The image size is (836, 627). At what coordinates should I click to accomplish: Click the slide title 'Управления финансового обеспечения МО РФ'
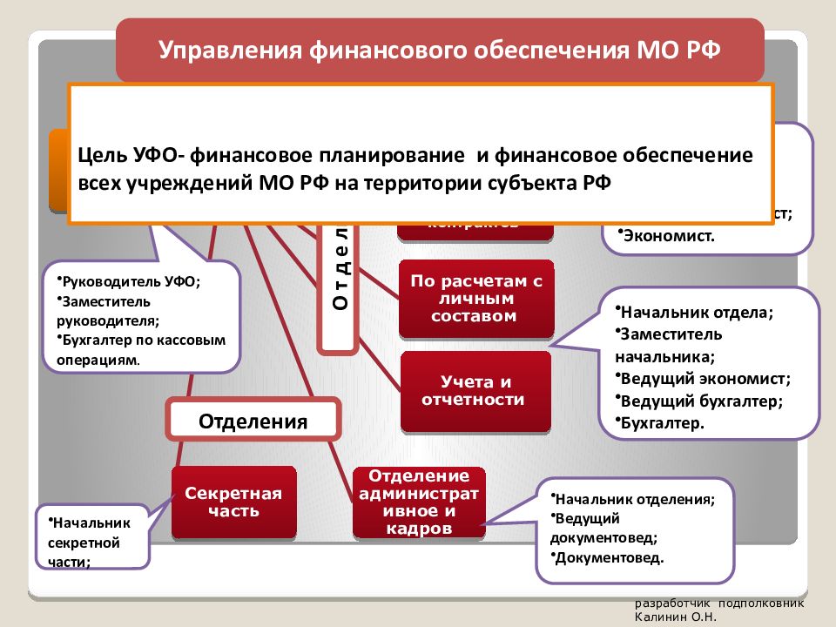click(x=440, y=49)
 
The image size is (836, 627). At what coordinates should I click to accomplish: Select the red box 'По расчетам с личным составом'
click(x=476, y=299)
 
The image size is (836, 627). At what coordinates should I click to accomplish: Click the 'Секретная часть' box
click(x=233, y=502)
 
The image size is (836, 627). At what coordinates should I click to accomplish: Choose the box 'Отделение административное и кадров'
click(x=418, y=502)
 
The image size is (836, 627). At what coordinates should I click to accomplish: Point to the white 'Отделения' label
click(x=253, y=421)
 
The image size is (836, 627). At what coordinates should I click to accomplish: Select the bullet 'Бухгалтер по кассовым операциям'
click(x=139, y=349)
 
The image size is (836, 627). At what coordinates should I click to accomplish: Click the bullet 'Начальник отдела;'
click(x=696, y=311)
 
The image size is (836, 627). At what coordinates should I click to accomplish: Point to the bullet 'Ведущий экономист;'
click(x=705, y=379)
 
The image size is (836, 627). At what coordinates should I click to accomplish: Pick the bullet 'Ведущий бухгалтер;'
click(x=701, y=401)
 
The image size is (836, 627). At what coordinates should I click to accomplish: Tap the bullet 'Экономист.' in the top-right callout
click(x=667, y=235)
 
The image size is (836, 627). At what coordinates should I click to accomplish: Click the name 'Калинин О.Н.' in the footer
click(x=674, y=616)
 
